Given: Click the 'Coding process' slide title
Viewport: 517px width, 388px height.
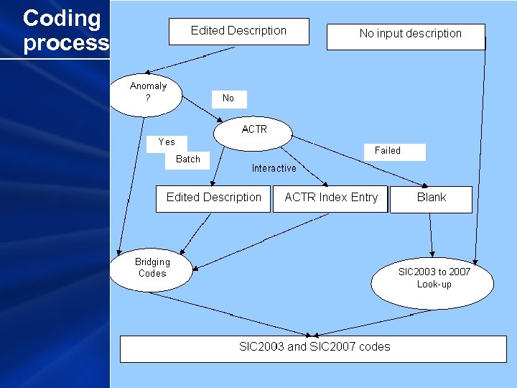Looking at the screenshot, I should point(65,30).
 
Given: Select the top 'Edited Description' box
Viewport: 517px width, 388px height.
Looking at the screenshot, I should point(238,31).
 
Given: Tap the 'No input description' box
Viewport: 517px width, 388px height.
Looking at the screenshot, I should point(406,36).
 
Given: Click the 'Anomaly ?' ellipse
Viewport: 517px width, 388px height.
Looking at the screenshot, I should point(148,93).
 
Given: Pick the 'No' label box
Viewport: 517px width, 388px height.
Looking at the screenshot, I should point(228,98).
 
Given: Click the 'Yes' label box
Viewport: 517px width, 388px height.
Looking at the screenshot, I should point(167,142).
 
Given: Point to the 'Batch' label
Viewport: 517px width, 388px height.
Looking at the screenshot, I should point(188,159).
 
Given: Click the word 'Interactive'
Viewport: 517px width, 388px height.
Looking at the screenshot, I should point(274,168).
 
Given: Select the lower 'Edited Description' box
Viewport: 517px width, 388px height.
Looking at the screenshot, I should point(214,198).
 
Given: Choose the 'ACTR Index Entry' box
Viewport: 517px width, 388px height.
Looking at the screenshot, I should point(330,198).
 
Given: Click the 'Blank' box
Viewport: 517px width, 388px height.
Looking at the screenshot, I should point(431,199).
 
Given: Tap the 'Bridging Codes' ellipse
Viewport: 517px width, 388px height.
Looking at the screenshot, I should point(152,269).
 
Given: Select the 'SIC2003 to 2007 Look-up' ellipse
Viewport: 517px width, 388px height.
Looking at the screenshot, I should point(433,280).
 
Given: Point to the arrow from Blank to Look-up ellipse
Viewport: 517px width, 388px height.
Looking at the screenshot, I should point(431,234).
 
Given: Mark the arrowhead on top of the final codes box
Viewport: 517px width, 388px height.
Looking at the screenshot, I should point(314,333).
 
